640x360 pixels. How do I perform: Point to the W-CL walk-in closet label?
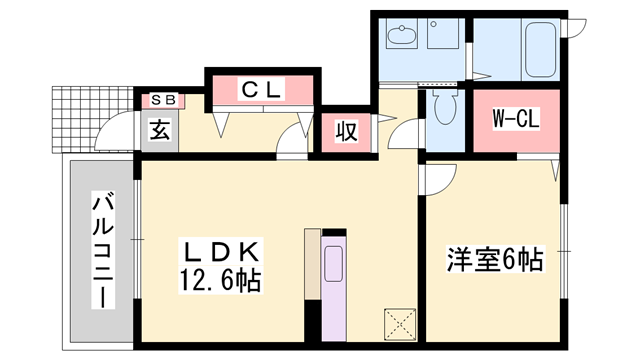point(517,120)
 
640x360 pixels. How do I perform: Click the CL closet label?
point(262,90)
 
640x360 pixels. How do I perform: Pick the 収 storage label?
point(346,131)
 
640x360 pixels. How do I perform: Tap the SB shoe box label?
point(162,99)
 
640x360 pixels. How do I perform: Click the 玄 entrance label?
point(159,129)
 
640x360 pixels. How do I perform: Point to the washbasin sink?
point(405,37)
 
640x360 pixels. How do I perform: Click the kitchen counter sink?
point(333,263)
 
